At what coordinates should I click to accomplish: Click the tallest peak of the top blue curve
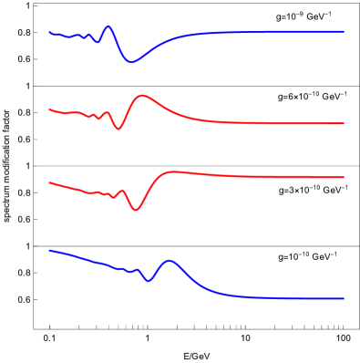coord(108,26)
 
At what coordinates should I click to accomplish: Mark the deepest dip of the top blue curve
coord(131,62)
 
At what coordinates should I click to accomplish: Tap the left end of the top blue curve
coord(50,33)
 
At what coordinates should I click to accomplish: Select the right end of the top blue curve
coord(344,32)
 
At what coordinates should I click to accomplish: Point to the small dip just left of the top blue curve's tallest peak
coord(98,41)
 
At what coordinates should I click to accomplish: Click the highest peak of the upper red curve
coord(143,95)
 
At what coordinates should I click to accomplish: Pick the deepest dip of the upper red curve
coord(118,129)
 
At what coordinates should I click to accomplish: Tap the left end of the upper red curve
coord(50,109)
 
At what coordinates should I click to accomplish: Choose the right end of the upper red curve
coord(344,123)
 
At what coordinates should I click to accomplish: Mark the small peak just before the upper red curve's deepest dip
coord(109,113)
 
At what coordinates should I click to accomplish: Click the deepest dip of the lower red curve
coord(136,210)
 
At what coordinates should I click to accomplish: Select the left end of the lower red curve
coord(50,182)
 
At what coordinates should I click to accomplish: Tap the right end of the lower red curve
coord(344,177)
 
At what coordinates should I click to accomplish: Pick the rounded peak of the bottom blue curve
coord(170,261)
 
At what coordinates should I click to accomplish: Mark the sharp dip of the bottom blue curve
coord(149,280)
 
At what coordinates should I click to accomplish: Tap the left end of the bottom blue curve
coord(50,250)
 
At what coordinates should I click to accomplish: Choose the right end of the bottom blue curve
coord(344,298)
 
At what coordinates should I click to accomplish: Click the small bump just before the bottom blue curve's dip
coord(137,269)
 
